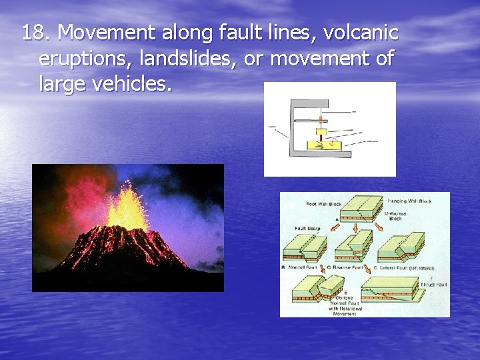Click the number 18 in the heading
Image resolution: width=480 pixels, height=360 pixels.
(x=32, y=33)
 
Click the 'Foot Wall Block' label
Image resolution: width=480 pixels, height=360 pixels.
(x=323, y=204)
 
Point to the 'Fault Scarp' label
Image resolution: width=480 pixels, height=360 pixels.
(x=307, y=229)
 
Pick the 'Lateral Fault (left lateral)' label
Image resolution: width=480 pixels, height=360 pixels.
(x=407, y=267)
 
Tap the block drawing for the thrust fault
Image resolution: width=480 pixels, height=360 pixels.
(x=390, y=288)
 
